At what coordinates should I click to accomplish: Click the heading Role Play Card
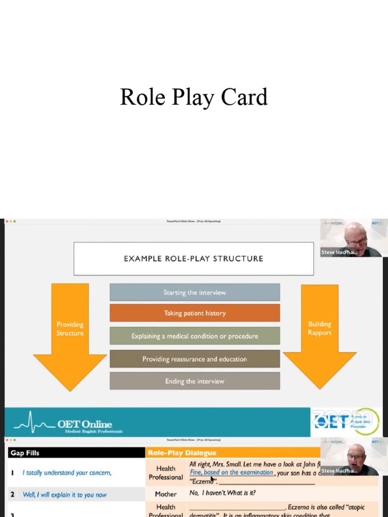click(x=193, y=97)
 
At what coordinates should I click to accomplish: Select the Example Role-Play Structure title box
click(x=193, y=258)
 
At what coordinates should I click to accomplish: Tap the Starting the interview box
click(x=195, y=292)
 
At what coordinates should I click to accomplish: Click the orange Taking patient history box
click(x=195, y=313)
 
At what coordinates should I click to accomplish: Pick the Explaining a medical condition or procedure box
click(x=195, y=336)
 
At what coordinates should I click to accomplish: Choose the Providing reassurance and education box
click(x=195, y=359)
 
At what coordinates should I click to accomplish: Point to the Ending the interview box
click(x=195, y=381)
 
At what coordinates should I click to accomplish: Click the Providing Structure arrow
click(x=70, y=333)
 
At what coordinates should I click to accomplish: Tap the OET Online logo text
click(x=84, y=424)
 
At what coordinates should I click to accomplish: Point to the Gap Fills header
click(x=25, y=453)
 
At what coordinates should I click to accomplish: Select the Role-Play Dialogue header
click(x=182, y=453)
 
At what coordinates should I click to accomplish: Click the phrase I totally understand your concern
click(x=67, y=473)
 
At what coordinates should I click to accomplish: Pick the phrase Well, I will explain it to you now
click(x=65, y=495)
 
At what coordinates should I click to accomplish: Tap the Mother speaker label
click(x=166, y=494)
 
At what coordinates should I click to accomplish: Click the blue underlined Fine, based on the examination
click(x=231, y=473)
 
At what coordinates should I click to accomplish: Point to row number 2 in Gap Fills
click(x=13, y=495)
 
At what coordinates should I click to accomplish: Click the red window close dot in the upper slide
click(x=7, y=221)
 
